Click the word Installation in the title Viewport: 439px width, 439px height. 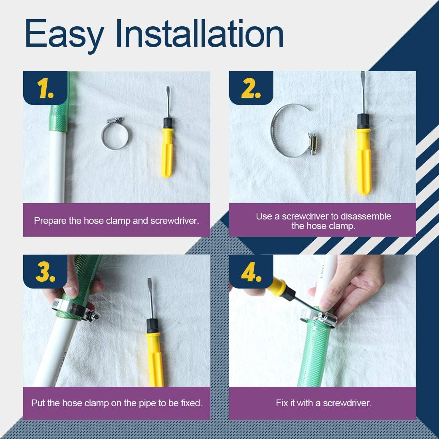[200, 34]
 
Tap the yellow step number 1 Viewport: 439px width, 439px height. [45, 89]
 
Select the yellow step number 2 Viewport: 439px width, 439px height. [251, 89]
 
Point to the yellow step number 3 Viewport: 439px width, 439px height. [45, 272]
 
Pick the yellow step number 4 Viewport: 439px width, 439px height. [251, 272]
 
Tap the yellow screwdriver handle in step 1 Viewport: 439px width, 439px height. [167, 152]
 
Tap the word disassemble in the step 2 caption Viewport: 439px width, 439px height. [366, 216]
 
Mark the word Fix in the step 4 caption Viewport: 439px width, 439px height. [282, 403]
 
